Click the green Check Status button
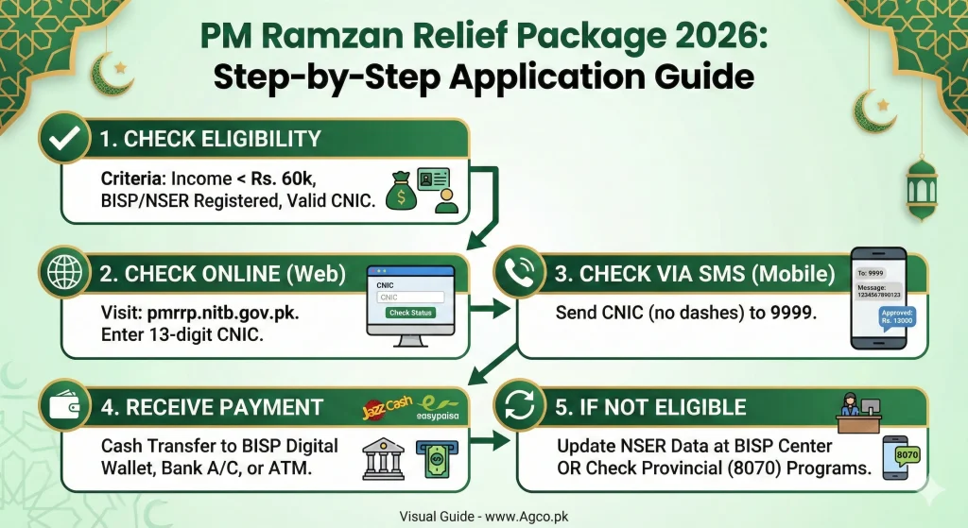(411, 313)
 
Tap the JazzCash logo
(387, 410)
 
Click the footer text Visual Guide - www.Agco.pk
(483, 516)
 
